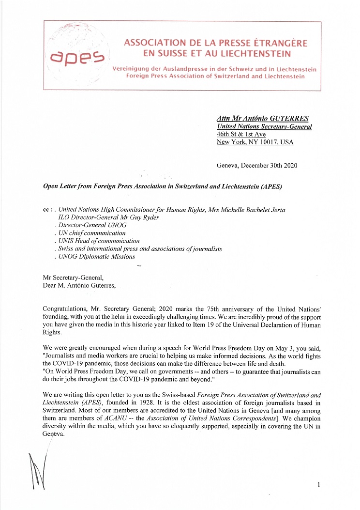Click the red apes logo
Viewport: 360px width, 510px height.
pyautogui.click(x=77, y=58)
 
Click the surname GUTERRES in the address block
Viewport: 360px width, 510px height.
pyautogui.click(x=287, y=119)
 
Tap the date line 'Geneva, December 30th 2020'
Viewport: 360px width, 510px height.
pyautogui.click(x=257, y=165)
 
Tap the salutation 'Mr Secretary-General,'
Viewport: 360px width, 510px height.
pyautogui.click(x=73, y=278)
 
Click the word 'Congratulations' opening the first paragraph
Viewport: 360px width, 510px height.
pyautogui.click(x=66, y=309)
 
